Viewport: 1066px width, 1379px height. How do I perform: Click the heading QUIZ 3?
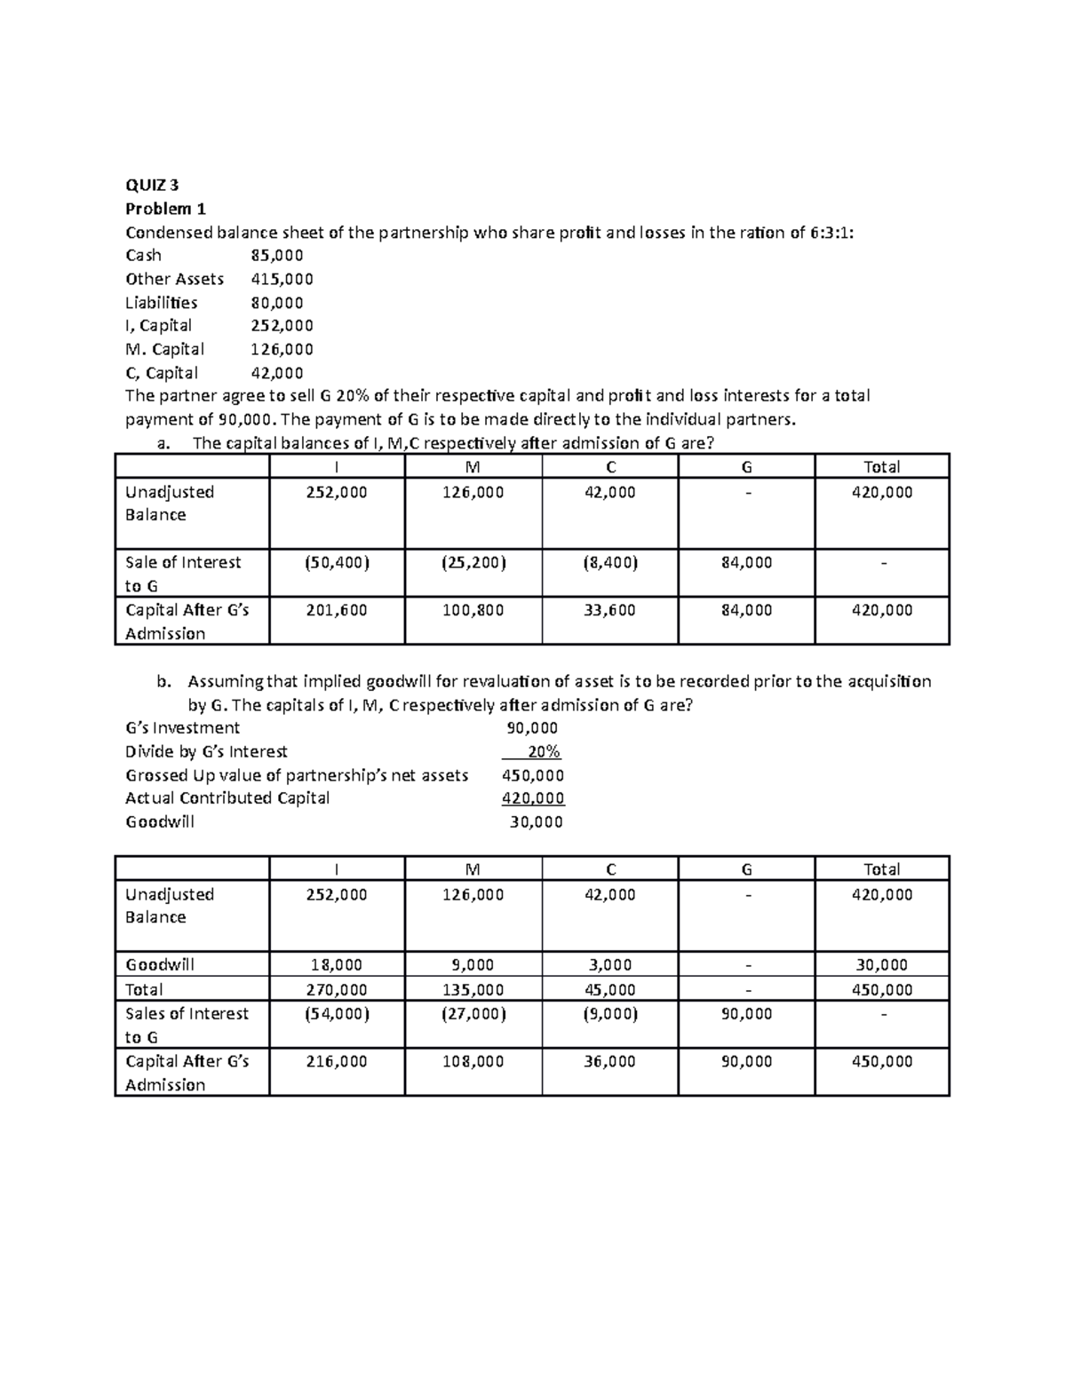coord(152,186)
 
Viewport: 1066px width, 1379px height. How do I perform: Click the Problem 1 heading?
coord(165,210)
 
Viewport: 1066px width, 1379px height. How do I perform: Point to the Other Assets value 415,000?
coord(282,279)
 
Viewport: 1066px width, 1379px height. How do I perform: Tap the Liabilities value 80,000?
coord(277,303)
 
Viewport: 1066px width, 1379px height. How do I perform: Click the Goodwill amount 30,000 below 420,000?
coord(536,822)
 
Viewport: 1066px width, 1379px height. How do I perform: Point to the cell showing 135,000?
coord(473,990)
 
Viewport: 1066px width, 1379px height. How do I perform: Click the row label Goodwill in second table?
coord(160,965)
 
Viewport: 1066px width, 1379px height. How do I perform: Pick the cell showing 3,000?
coord(609,965)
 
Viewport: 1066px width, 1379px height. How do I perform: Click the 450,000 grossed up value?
coord(533,776)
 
